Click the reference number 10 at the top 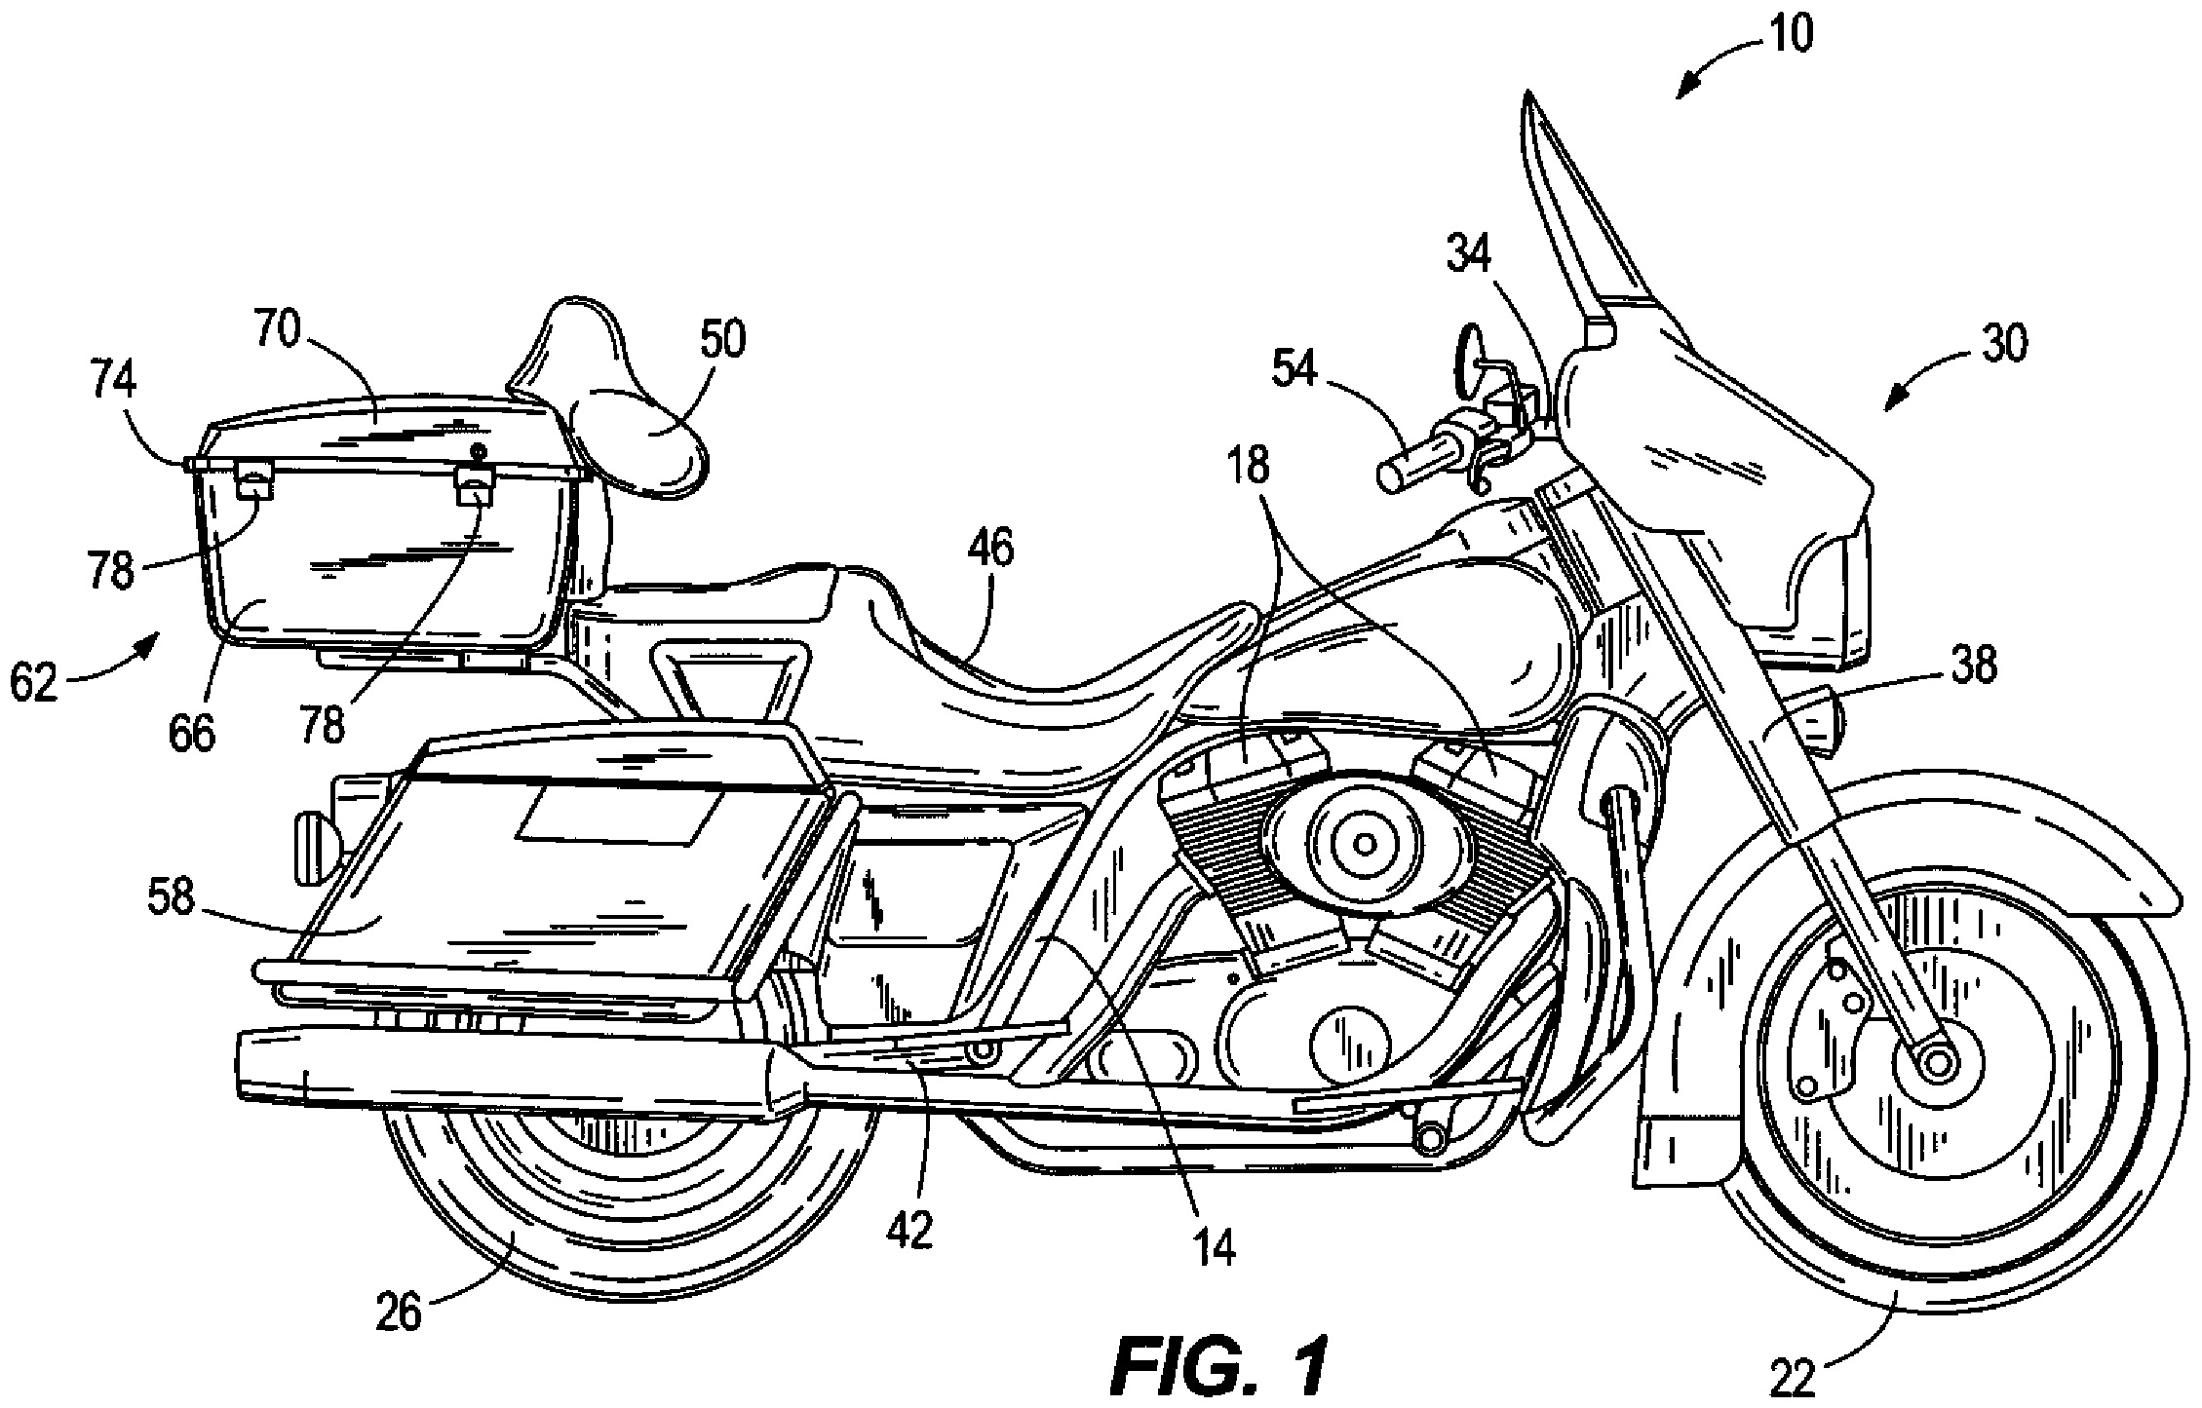(x=1791, y=34)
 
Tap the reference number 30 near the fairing (x=2000, y=343)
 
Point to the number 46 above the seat (x=989, y=549)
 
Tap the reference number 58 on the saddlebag (x=172, y=898)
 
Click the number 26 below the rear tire (x=400, y=1313)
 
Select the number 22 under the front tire (x=1791, y=1379)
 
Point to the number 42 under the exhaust (x=909, y=1230)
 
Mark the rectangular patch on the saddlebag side (x=621, y=815)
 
